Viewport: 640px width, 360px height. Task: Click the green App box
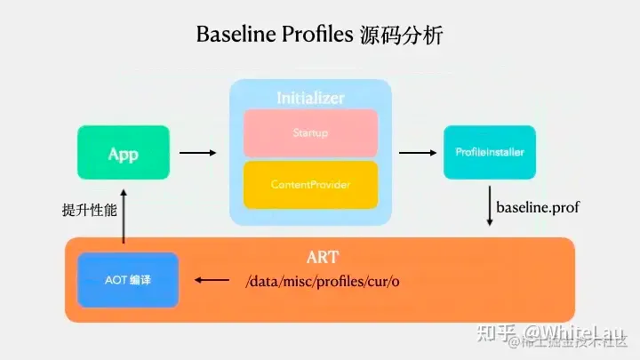(x=123, y=154)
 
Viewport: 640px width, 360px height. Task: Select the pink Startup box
(x=310, y=133)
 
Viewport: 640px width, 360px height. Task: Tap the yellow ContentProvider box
(x=310, y=185)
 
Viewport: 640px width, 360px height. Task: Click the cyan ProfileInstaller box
(x=490, y=153)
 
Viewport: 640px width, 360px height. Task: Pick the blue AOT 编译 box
(x=128, y=279)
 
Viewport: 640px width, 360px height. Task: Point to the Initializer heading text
(x=310, y=97)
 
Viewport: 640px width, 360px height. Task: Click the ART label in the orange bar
(x=322, y=258)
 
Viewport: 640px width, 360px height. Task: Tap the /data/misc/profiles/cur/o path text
(x=327, y=282)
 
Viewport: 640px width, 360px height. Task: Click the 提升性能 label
(x=84, y=211)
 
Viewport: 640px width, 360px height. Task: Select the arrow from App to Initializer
(x=197, y=154)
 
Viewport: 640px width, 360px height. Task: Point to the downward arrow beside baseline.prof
(x=490, y=206)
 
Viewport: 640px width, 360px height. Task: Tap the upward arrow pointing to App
(x=124, y=213)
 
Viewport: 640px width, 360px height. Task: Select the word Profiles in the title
(x=318, y=36)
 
